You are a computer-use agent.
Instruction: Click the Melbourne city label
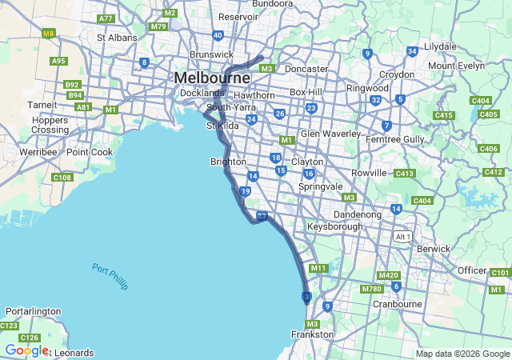click(212, 78)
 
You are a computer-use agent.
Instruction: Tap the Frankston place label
click(312, 334)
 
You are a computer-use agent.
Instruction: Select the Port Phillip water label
click(110, 277)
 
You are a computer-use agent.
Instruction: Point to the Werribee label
click(38, 151)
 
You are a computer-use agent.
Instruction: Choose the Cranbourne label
click(397, 304)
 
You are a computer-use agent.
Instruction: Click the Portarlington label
click(33, 311)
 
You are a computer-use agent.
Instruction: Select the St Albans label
click(117, 37)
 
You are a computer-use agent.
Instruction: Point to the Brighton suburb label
click(228, 162)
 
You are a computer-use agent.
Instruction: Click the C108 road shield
click(62, 178)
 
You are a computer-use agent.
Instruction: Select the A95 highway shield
click(58, 61)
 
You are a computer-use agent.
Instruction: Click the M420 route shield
click(388, 275)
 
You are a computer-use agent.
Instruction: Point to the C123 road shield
click(9, 326)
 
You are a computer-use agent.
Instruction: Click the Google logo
click(26, 350)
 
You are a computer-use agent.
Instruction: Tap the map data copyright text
click(462, 354)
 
